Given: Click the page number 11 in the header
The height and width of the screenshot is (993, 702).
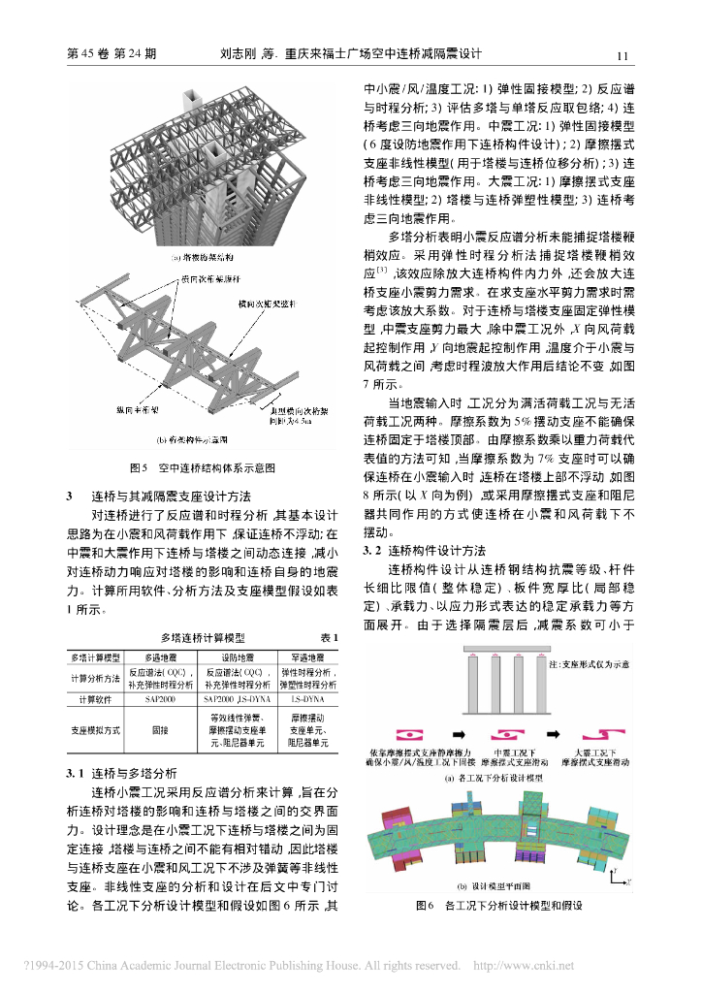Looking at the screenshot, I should (x=622, y=55).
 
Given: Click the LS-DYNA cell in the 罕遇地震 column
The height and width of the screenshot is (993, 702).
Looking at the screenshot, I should (x=308, y=697).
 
